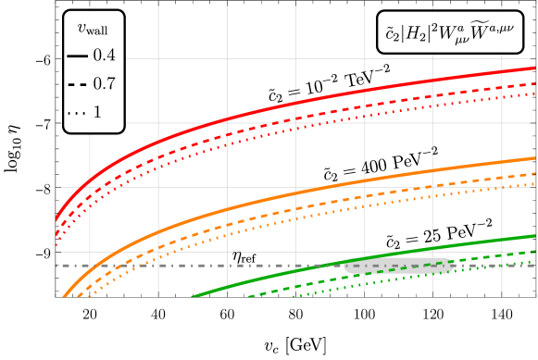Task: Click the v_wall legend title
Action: click(92, 31)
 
